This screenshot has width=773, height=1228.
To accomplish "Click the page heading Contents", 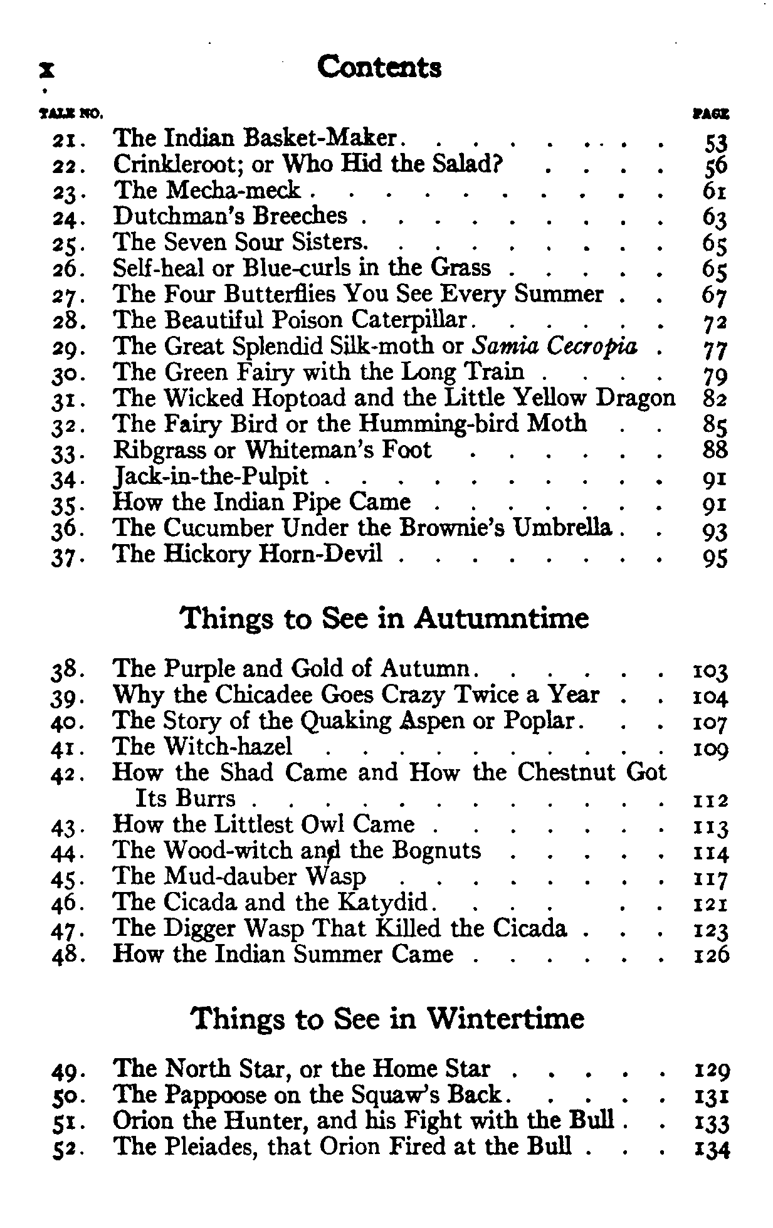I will click(379, 67).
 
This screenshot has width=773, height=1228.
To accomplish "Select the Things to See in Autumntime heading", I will click(384, 619).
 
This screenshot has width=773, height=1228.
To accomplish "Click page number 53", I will click(715, 144).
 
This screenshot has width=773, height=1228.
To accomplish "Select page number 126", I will click(712, 955).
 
